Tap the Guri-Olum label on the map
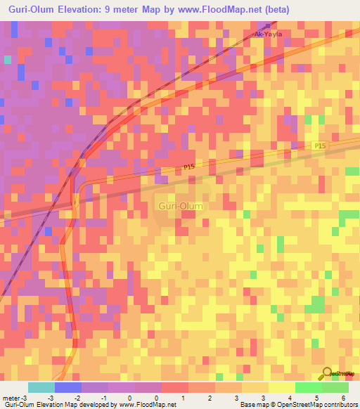point(179,206)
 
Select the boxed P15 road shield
point(319,145)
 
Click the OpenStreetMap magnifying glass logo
point(328,373)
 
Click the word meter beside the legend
point(11,397)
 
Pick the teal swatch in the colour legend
point(41,387)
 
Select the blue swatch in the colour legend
point(67,387)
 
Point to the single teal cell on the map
point(7,60)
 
